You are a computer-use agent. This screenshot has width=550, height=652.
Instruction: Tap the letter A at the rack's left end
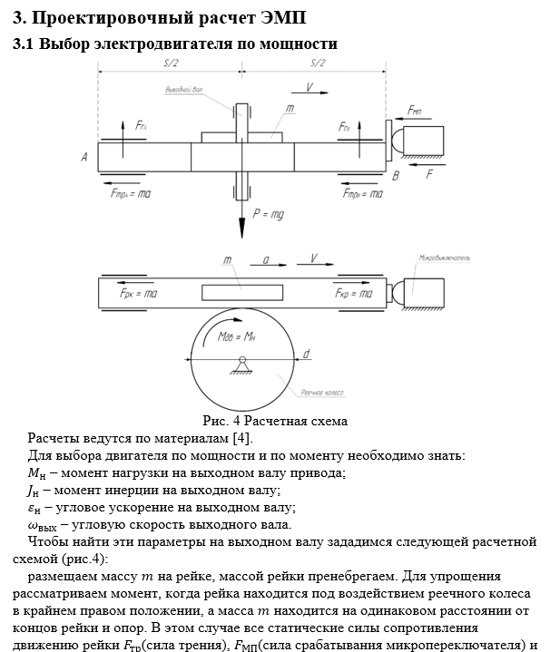point(84,157)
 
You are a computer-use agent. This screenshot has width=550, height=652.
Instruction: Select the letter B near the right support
point(395,176)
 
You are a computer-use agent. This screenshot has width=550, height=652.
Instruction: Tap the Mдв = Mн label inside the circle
point(241,336)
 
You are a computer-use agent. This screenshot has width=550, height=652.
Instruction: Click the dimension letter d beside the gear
point(308,353)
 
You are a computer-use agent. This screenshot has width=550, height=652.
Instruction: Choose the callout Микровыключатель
point(446,258)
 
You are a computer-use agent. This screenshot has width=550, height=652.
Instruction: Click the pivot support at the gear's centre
point(241,365)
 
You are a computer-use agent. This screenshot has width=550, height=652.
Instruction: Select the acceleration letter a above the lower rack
point(265,259)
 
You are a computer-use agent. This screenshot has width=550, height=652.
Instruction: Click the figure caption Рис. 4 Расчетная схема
point(275,421)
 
